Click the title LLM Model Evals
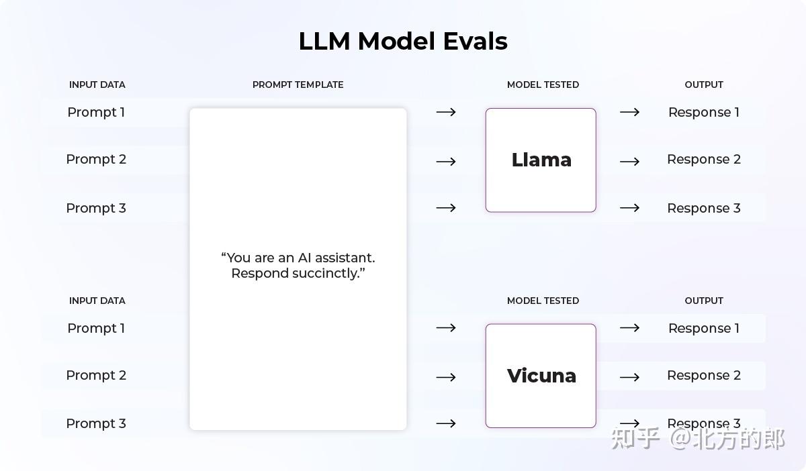(403, 42)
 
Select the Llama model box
(541, 160)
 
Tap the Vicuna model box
(541, 376)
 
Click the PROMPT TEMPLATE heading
(298, 85)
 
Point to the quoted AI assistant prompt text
(298, 266)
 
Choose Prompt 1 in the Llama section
(96, 113)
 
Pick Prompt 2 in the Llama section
(96, 160)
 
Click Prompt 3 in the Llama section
(96, 209)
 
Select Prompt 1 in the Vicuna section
(96, 329)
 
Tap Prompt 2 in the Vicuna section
(96, 376)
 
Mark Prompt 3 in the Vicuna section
(96, 424)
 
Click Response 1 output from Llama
(703, 113)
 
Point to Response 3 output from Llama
(703, 209)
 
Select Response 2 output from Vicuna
(703, 376)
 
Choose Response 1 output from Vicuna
(703, 329)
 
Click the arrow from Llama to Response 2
(629, 162)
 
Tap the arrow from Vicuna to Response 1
(629, 328)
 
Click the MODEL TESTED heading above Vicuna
(543, 301)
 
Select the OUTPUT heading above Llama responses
(704, 85)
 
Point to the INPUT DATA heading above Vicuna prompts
(97, 301)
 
